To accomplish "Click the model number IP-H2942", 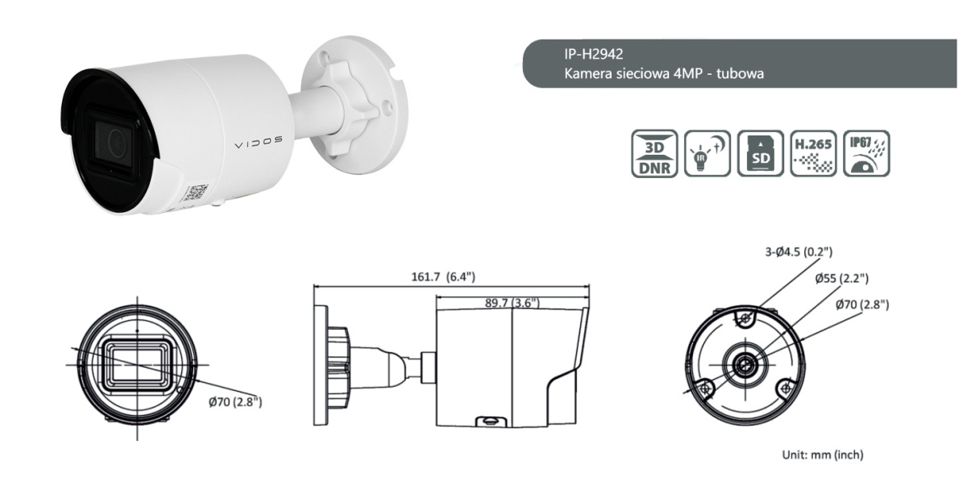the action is coord(594,54).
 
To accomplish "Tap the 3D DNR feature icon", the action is coord(654,153).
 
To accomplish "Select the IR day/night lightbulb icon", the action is coord(708,153).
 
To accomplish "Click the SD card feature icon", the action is coord(760,153).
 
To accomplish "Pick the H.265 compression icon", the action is coord(813,153).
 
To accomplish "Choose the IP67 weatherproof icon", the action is coord(866,153).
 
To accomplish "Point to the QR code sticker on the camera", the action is coord(195,192).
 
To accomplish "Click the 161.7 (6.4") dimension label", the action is coord(443,276).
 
